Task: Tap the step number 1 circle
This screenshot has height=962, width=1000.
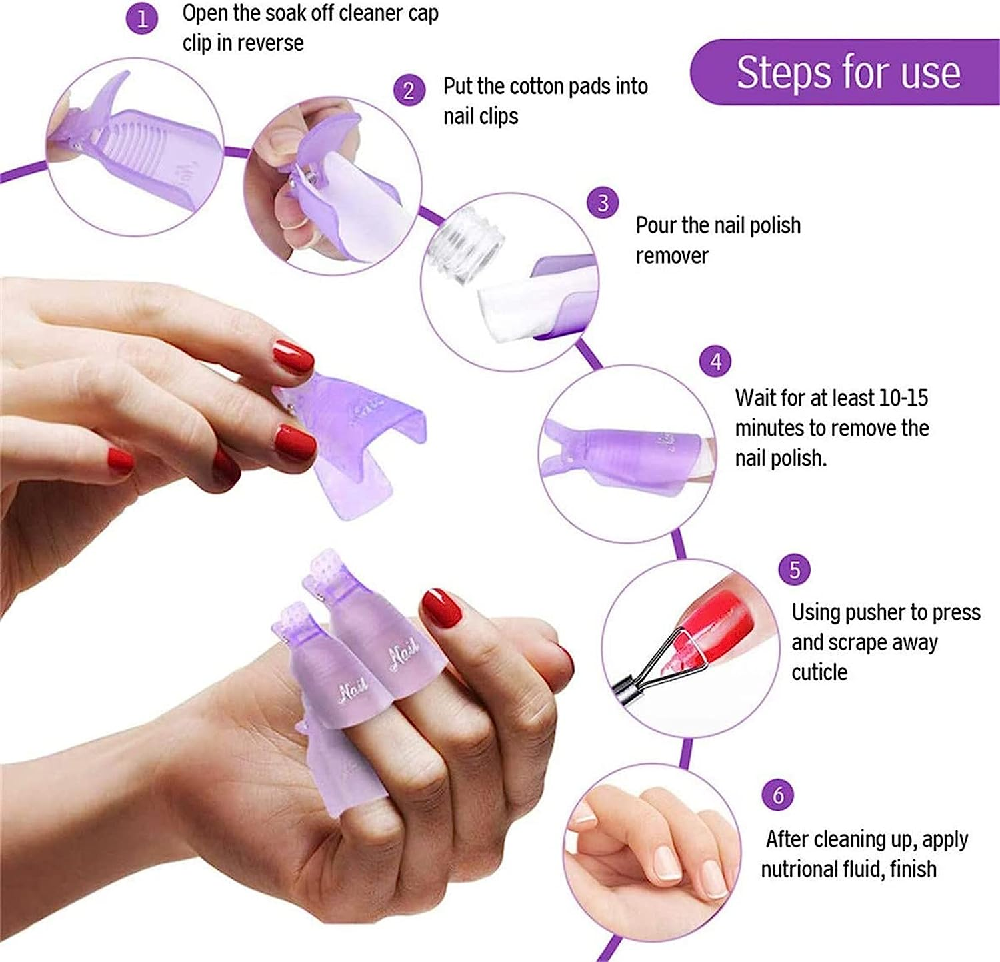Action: pos(142,19)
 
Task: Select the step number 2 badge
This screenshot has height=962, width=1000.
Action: pos(409,90)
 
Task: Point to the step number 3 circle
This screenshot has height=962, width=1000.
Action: pos(603,203)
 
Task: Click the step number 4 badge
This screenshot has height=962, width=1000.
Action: pos(715,362)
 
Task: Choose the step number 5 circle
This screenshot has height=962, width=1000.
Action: pos(795,570)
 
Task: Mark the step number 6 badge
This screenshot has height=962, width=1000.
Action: pos(778,795)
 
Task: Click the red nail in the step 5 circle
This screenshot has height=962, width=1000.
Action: pos(723,617)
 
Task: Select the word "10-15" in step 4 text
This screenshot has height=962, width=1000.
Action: pos(903,398)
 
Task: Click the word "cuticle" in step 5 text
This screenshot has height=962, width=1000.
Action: pos(819,672)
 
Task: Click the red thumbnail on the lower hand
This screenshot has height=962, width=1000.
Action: pos(441,607)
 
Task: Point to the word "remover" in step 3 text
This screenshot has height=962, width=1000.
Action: pos(672,256)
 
